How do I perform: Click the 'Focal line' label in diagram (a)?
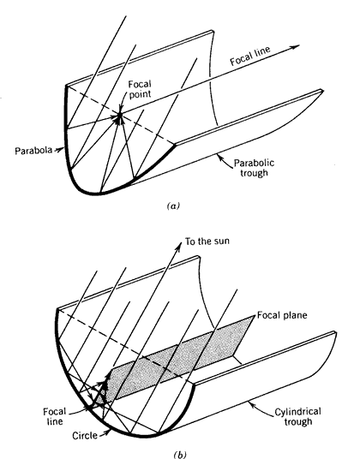(250, 57)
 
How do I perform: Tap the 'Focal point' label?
(140, 89)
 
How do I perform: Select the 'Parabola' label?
(33, 151)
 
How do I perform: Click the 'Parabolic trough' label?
(254, 168)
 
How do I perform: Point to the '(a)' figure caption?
(173, 206)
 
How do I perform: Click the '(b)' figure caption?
(180, 455)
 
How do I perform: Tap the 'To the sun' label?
(207, 241)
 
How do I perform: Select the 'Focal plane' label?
(282, 315)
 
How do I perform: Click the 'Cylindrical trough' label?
(297, 416)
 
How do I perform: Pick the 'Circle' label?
(85, 436)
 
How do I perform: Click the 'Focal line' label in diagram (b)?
(55, 416)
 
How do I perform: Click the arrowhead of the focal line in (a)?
(295, 47)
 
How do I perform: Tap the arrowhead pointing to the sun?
(178, 246)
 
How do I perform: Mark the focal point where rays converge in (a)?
(119, 116)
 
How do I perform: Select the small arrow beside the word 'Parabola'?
(58, 150)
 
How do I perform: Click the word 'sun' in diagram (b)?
(222, 241)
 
